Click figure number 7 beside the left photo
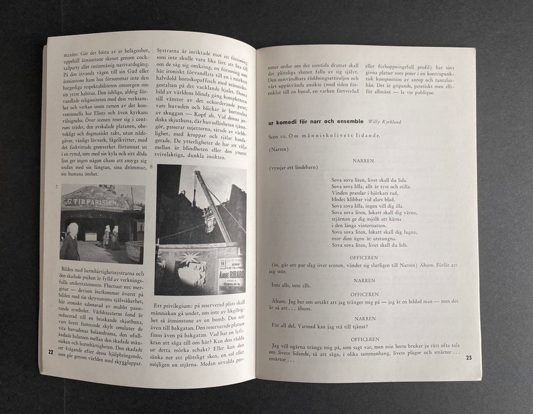click(55, 188)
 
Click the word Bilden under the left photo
click(70, 269)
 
